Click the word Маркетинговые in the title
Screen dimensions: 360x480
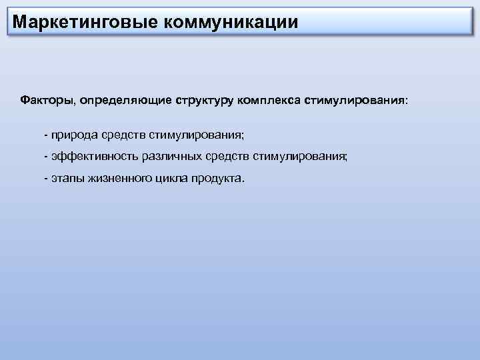click(x=83, y=21)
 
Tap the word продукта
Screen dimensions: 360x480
click(x=218, y=179)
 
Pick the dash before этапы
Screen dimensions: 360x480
click(x=45, y=179)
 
